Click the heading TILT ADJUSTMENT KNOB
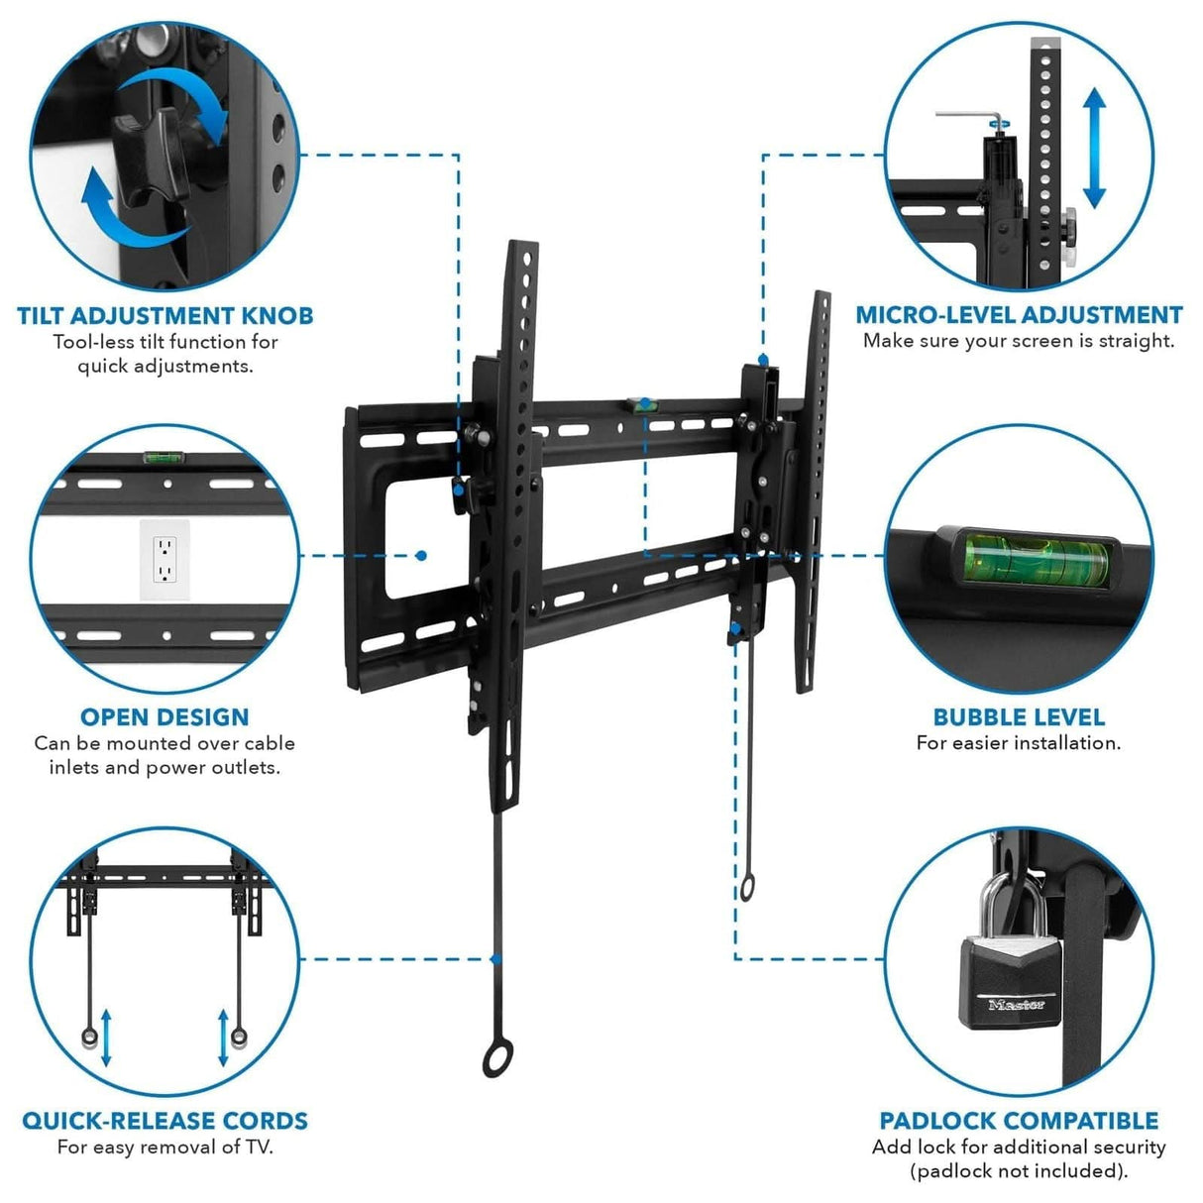164,316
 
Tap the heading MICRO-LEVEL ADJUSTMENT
1019,315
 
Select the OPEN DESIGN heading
164,716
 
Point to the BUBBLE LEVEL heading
1019,716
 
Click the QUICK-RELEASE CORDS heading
164,1121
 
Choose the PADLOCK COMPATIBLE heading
1019,1121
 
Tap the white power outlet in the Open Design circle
164,561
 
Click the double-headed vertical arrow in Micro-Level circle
1093,149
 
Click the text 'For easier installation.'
1019,743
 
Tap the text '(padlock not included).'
1019,1171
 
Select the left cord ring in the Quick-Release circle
89,1038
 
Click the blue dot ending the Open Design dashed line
421,556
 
